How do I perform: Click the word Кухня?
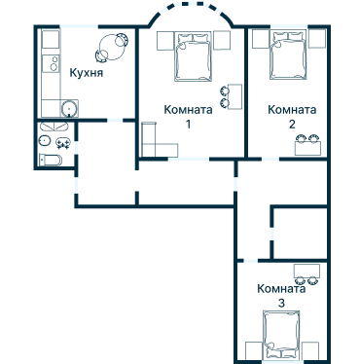[88, 73]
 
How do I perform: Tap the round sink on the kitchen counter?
[66, 108]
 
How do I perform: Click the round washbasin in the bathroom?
[45, 141]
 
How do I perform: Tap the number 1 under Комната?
[188, 124]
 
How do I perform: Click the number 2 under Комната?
[292, 124]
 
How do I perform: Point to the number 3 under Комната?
[281, 304]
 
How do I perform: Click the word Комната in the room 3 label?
[282, 289]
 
